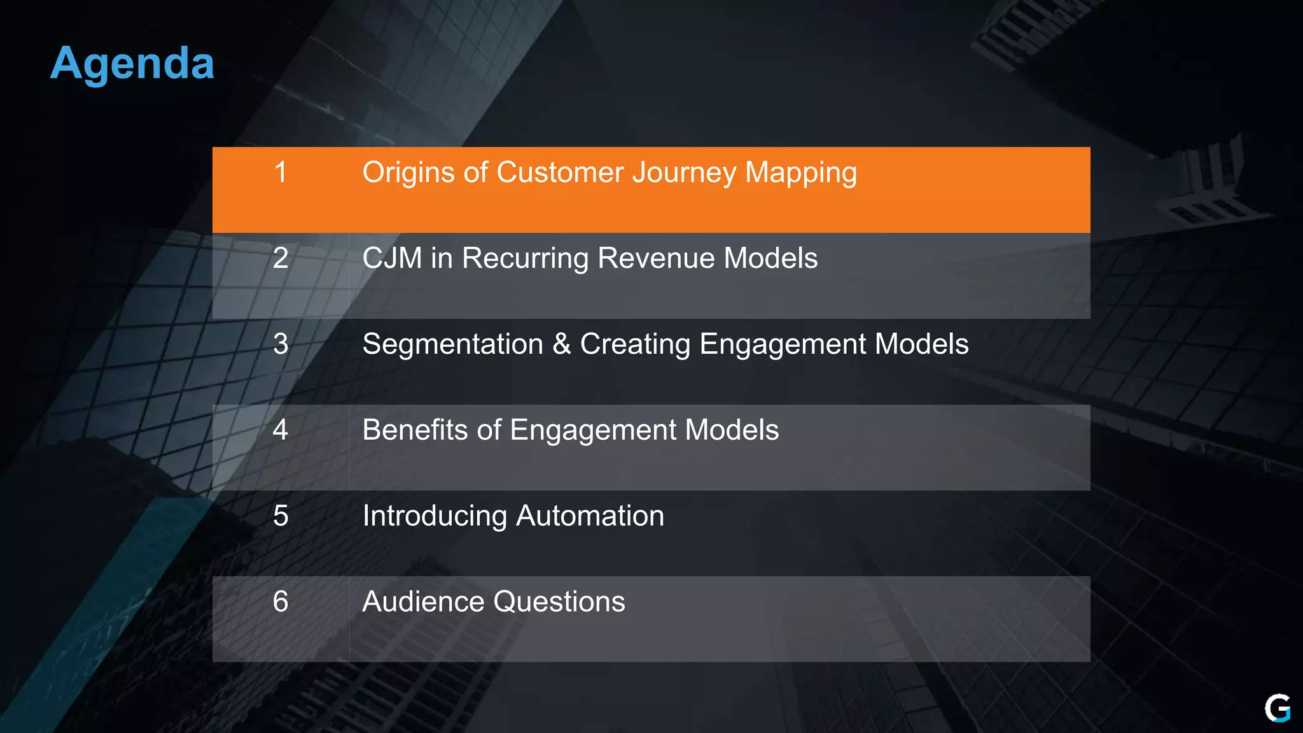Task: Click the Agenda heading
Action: (132, 64)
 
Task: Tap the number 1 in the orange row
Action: (281, 172)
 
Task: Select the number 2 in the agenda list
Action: (281, 258)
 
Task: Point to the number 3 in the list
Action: (281, 344)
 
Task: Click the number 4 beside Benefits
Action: (281, 430)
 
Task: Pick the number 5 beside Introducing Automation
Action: (281, 516)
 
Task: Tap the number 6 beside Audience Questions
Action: (281, 602)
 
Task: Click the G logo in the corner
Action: (1277, 708)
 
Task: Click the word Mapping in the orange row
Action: (800, 173)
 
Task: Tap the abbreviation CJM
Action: (392, 258)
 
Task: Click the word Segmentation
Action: (452, 344)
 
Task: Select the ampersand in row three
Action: (561, 344)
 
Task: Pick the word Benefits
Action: (415, 430)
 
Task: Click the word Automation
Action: (590, 516)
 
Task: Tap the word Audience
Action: (423, 602)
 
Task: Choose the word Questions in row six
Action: (559, 602)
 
